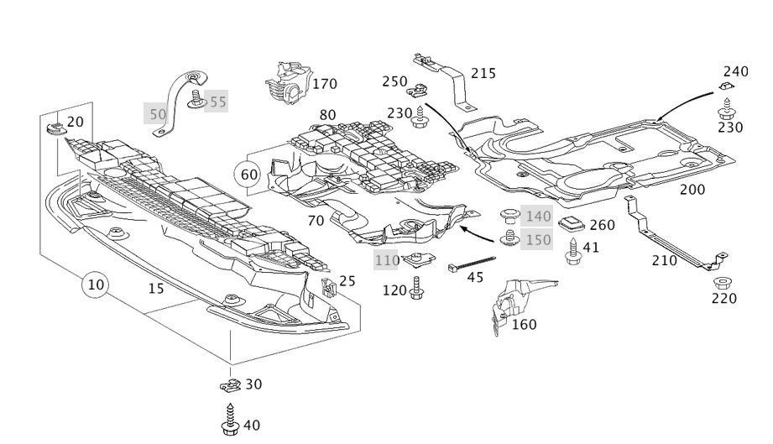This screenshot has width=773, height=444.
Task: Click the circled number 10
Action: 96,285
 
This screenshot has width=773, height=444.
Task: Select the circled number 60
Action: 249,175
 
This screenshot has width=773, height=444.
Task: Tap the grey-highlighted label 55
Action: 217,102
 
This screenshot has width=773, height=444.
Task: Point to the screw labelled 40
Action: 230,420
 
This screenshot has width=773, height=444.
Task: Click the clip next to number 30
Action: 230,385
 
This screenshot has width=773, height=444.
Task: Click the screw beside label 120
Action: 416,288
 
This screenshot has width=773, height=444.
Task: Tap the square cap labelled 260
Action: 571,223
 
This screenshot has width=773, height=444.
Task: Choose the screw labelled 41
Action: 573,251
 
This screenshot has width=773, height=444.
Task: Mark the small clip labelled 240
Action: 726,86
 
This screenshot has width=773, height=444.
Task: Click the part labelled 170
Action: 289,83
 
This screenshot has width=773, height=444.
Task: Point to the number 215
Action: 483,73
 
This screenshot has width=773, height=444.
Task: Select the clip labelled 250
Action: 417,90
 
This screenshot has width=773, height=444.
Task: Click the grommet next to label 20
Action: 56,129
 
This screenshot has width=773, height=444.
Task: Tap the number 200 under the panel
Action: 692,189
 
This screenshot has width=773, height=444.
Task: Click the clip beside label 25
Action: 328,287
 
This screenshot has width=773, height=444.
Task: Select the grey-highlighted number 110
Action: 387,259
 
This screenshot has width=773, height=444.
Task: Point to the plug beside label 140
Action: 509,216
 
